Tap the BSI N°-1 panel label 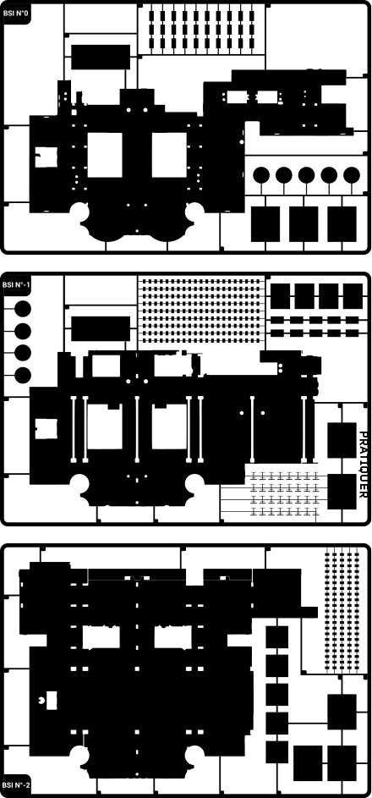pyautogui.click(x=16, y=284)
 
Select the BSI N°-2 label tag pyautogui.click(x=16, y=784)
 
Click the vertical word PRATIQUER pyautogui.click(x=363, y=465)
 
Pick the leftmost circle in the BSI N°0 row pyautogui.click(x=261, y=175)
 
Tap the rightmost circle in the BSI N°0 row pyautogui.click(x=352, y=175)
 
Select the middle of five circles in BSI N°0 pyautogui.click(x=306, y=175)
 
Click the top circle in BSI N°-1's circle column pyautogui.click(x=23, y=308)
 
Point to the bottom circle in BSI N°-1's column pyautogui.click(x=23, y=376)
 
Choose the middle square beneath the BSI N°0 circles pyautogui.click(x=304, y=224)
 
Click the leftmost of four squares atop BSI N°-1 pyautogui.click(x=280, y=296)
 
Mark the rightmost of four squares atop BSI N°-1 pyautogui.click(x=353, y=296)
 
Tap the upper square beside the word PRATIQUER pyautogui.click(x=342, y=440)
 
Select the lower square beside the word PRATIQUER pyautogui.click(x=342, y=492)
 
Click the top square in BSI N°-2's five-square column pyautogui.click(x=277, y=637)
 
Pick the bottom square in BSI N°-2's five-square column pyautogui.click(x=277, y=751)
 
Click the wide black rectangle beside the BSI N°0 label pyautogui.click(x=101, y=57)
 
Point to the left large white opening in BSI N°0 pyautogui.click(x=105, y=155)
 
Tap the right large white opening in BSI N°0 pyautogui.click(x=169, y=155)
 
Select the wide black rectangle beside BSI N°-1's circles pyautogui.click(x=101, y=328)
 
